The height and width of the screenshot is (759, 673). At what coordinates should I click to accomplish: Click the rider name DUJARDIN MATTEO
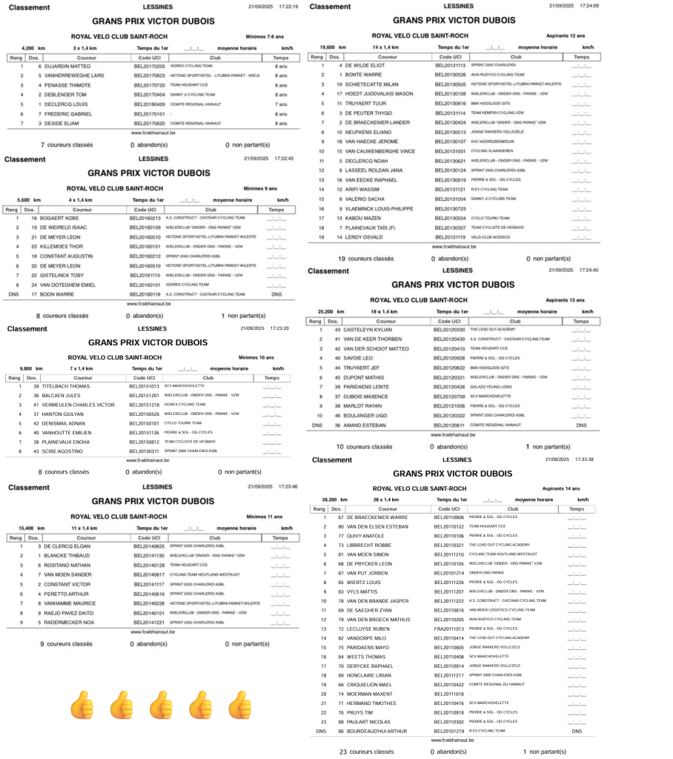(70, 66)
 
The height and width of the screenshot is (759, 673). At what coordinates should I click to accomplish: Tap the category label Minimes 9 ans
(260, 189)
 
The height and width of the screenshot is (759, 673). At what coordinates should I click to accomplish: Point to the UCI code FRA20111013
(449, 629)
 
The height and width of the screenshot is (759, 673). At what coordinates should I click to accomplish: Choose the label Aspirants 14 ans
(561, 489)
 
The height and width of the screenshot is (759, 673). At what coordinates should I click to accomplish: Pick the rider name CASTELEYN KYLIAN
(365, 329)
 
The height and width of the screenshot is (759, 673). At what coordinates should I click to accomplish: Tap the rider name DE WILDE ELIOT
(362, 65)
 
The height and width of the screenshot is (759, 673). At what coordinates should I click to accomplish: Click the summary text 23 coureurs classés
(367, 752)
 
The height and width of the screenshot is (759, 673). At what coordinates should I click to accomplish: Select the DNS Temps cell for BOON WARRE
(276, 294)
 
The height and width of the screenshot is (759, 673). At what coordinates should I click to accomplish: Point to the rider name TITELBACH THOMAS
(66, 386)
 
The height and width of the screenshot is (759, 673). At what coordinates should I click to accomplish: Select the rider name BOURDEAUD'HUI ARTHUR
(378, 731)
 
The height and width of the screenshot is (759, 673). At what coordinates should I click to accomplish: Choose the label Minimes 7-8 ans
(265, 35)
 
